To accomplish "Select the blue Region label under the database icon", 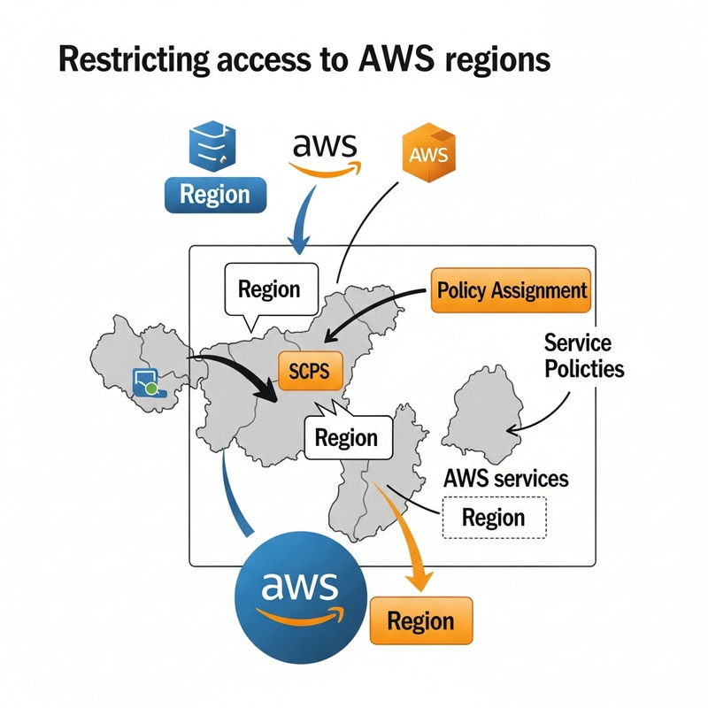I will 214,194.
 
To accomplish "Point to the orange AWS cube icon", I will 429,154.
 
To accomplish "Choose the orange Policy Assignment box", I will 511,290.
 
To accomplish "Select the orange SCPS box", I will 309,372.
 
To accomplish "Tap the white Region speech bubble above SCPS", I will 269,289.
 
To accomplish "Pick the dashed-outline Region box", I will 493,518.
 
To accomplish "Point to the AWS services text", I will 504,479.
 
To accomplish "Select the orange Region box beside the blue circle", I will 420,619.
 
